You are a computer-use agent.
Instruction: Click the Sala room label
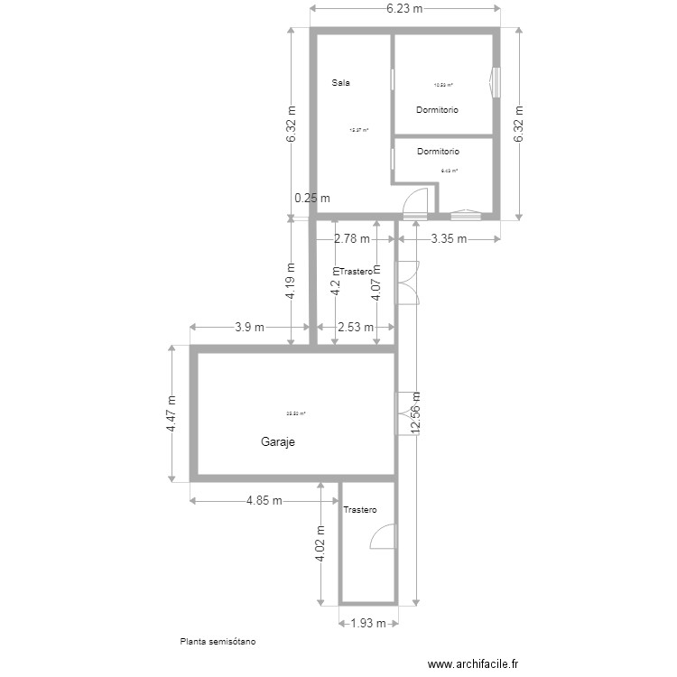(340, 82)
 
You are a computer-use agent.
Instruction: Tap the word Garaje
(278, 442)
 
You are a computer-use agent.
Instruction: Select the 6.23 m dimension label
(404, 8)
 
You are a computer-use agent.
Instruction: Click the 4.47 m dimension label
(172, 414)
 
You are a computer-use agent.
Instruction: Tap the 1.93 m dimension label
(368, 623)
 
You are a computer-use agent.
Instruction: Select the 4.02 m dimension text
(320, 544)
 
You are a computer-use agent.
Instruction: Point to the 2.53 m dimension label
(355, 328)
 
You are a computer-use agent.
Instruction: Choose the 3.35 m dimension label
(448, 239)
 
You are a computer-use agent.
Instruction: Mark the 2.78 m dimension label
(352, 239)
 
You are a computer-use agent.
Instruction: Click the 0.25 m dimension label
(312, 199)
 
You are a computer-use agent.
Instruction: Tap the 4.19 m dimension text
(291, 281)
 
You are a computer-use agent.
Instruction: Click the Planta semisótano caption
(218, 643)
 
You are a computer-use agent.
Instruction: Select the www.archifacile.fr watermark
(474, 663)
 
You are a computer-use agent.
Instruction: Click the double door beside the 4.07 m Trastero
(408, 283)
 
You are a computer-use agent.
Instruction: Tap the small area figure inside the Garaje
(296, 413)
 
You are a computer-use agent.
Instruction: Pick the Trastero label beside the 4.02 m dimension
(359, 510)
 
